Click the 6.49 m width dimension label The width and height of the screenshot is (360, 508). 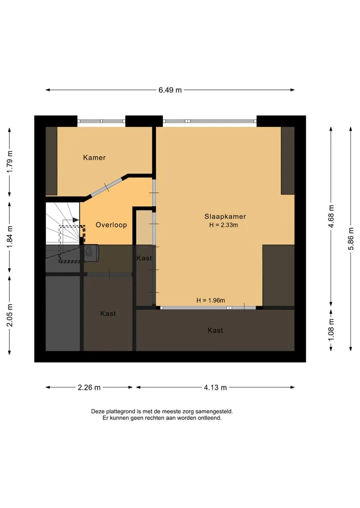pos(170,90)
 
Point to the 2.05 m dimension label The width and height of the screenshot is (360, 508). pos(9,315)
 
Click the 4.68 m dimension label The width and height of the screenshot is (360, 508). pos(331,216)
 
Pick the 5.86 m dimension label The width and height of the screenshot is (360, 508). pos(351,239)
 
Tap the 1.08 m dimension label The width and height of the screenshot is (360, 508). pos(331,330)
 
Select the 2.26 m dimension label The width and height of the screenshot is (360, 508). pos(89,388)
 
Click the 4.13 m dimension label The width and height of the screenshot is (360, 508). pos(215,388)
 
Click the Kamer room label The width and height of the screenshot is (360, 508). pos(94,158)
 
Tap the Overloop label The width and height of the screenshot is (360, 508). pos(111,225)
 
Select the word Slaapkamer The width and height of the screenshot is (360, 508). pos(225,216)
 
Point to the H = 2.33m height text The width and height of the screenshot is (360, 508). pos(223,225)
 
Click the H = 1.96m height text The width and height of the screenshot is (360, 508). pos(211,300)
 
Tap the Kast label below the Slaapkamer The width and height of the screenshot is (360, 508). pos(215,331)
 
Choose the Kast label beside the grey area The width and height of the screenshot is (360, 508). pos(108,314)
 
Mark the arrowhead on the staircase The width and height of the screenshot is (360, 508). pos(75,220)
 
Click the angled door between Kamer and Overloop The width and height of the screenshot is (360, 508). pos(107,187)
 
